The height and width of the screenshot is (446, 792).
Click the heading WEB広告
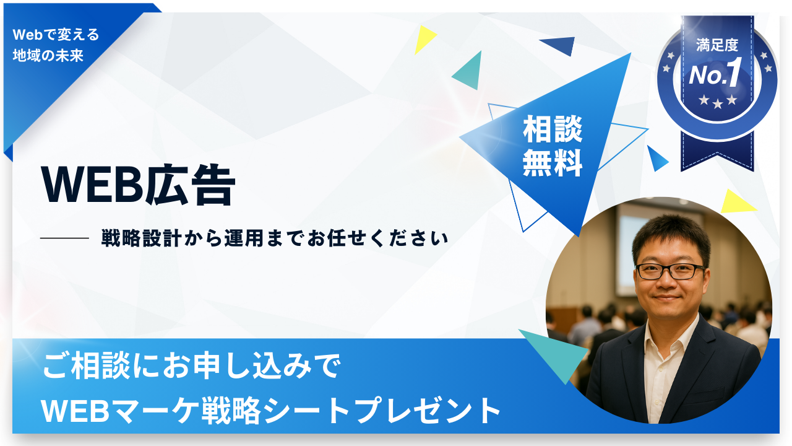coord(138,185)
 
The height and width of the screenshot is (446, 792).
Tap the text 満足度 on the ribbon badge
coord(717,45)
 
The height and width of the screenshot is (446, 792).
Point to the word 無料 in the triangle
coord(553,163)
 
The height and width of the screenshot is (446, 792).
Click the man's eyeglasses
coord(670,271)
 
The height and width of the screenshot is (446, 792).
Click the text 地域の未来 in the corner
coord(48,55)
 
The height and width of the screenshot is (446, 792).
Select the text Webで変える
coord(56,35)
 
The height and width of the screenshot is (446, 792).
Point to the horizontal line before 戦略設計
coord(64,238)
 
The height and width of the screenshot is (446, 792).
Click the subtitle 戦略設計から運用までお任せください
coord(275,238)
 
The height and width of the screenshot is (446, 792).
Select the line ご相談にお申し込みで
coord(191,365)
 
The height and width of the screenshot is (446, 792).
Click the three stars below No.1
coord(718,102)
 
